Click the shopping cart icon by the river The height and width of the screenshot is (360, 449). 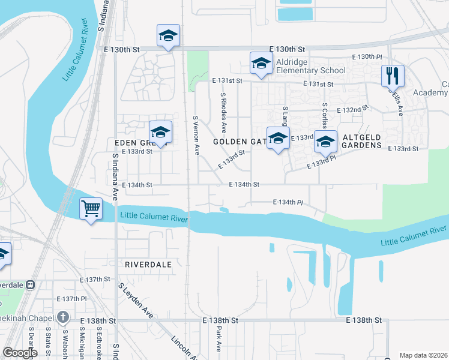tap(91, 209)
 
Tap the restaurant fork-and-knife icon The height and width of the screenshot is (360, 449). tap(393, 76)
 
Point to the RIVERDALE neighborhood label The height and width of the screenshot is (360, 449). tap(148, 264)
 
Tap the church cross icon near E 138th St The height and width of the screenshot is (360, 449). tap(64, 317)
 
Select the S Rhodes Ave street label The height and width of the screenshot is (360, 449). tap(223, 112)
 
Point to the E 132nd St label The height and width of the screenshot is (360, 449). tap(352, 110)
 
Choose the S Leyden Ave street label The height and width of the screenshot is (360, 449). tap(136, 300)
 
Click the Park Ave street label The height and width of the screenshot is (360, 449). tap(218, 338)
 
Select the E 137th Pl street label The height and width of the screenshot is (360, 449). tap(72, 299)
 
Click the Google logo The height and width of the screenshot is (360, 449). tap(20, 353)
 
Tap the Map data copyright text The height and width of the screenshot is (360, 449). tap(423, 355)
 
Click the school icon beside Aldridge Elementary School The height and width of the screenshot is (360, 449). tap(261, 64)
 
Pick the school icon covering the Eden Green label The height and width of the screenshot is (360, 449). tap(160, 133)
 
